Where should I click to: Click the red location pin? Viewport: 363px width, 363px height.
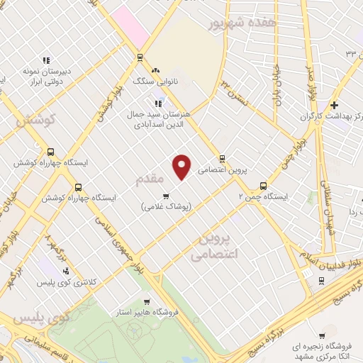183,166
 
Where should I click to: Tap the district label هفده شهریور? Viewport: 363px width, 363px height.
240,23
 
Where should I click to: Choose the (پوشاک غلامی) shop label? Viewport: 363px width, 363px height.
166,206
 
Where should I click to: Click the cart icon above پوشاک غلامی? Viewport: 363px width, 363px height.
166,196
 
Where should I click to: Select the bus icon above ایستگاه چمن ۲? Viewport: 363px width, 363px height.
264,180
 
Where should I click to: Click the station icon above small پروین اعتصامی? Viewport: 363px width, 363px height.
223,159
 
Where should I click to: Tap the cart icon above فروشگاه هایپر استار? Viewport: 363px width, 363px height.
147,301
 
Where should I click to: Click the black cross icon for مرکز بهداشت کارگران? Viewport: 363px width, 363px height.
334,105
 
